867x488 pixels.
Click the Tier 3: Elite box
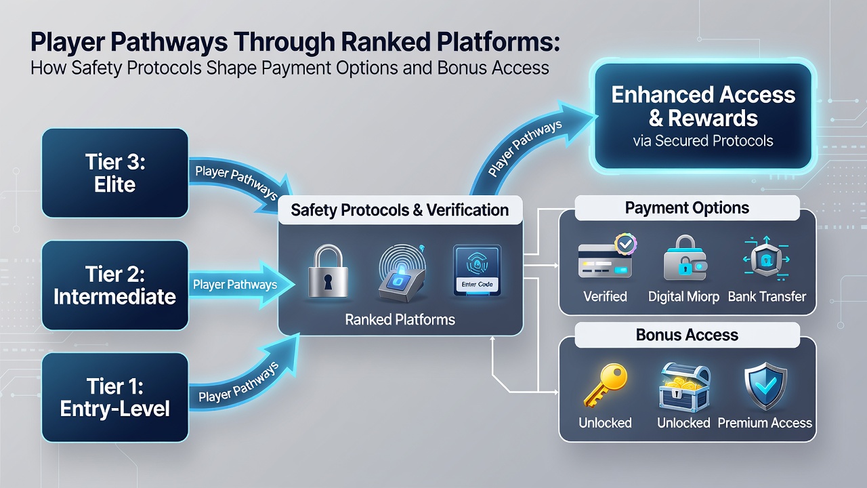[115, 173]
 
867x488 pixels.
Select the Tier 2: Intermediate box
[115, 285]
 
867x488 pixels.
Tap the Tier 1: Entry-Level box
[115, 397]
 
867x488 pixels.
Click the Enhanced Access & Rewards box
[703, 116]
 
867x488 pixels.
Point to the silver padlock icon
[328, 270]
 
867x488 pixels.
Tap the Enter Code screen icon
[477, 270]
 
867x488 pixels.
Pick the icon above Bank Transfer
[766, 258]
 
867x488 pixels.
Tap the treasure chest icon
[685, 386]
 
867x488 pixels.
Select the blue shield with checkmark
[765, 386]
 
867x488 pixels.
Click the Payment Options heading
[687, 208]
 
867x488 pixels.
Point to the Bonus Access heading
[687, 335]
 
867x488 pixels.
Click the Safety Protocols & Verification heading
[400, 210]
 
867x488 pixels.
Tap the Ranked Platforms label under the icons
[400, 319]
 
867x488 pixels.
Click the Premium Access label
[765, 422]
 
